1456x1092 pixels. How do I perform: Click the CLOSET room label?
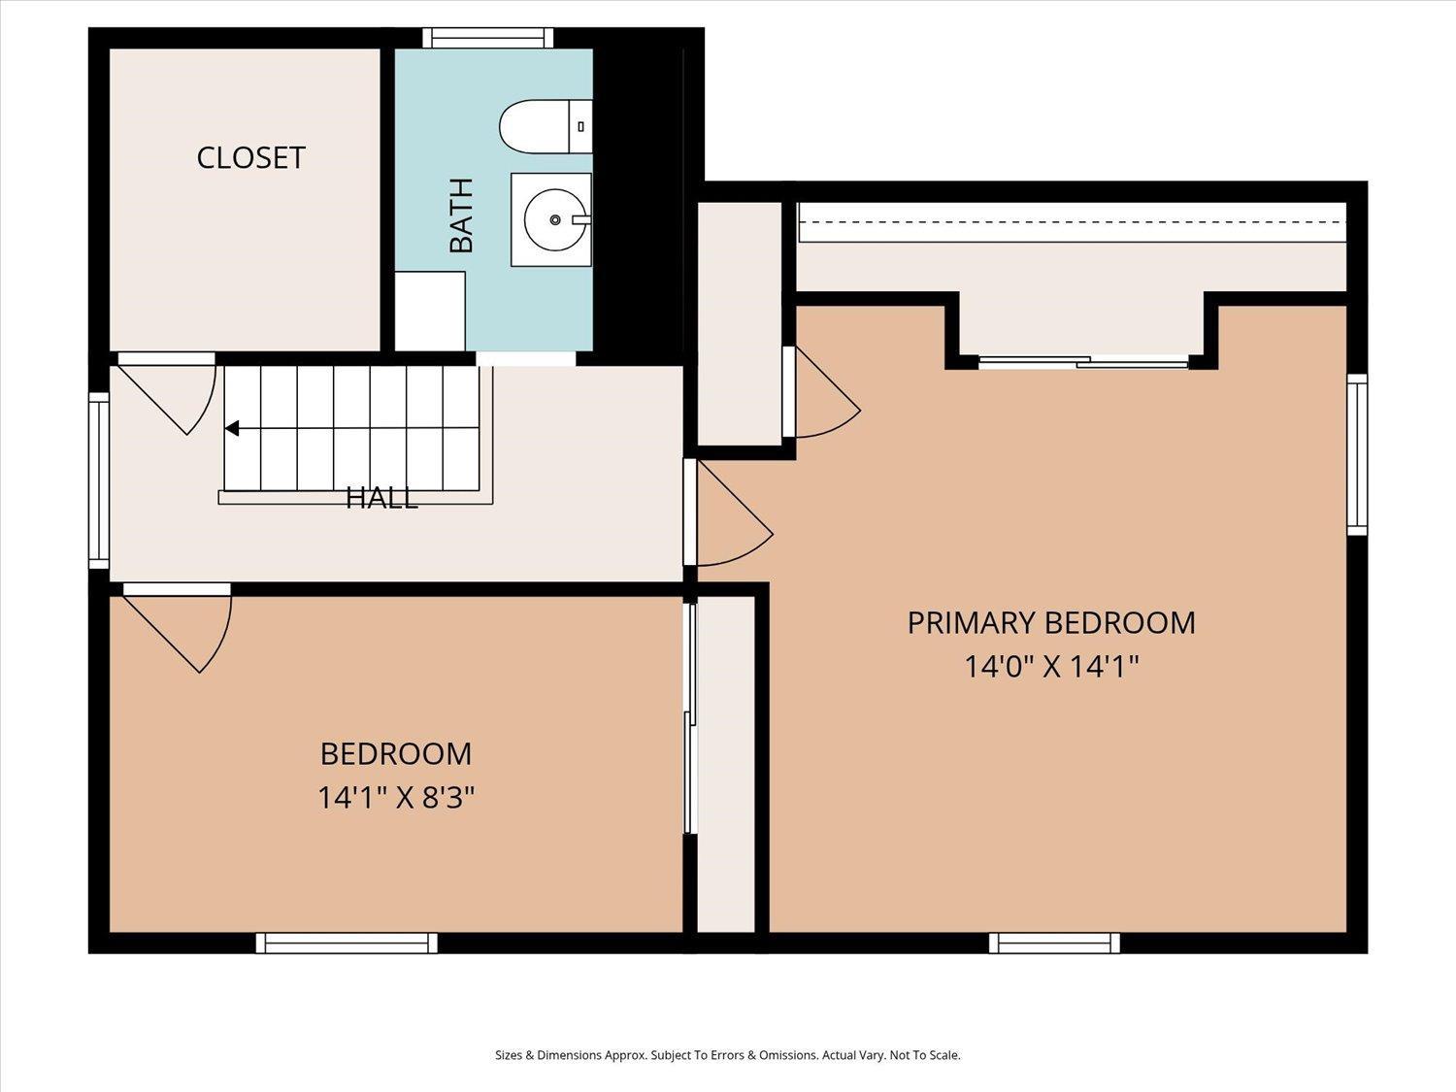coord(250,158)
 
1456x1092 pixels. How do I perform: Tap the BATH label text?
coord(462,215)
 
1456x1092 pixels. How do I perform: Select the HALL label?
coord(382,498)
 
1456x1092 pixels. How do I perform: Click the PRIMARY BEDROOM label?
coord(1051,622)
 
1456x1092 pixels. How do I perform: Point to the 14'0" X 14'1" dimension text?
coord(1051,666)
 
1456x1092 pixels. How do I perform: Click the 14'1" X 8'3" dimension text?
coord(397,797)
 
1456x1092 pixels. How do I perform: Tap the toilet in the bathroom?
coord(546,126)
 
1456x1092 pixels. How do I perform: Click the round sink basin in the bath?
coord(556,219)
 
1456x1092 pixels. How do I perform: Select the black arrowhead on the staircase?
coord(232,429)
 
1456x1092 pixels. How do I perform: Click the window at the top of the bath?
coord(488,38)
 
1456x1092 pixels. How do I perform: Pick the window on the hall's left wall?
coord(99,480)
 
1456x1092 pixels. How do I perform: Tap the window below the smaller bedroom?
coord(347,943)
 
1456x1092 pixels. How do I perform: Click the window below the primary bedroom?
coord(1055,943)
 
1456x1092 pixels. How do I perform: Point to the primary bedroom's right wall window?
coord(1357,455)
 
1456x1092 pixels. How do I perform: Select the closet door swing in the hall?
coord(167,392)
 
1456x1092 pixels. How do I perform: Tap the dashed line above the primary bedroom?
coord(1072,222)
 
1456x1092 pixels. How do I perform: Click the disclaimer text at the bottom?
coord(728,1055)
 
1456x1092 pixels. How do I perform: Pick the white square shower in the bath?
coord(430,311)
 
